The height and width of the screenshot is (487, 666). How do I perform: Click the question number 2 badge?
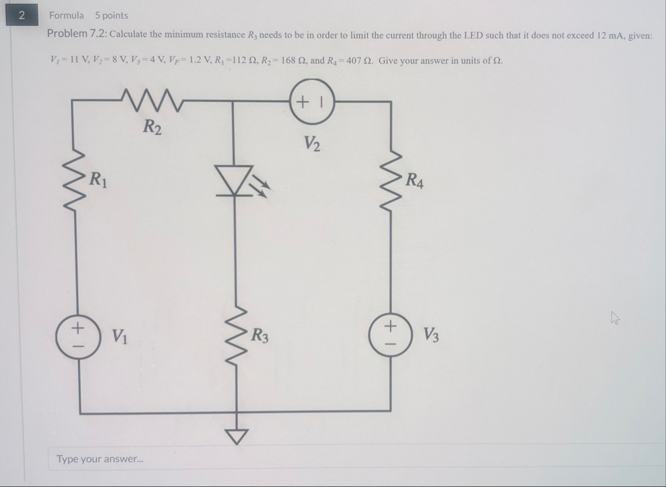(x=21, y=15)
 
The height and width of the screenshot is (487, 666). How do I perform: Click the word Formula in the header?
(x=66, y=16)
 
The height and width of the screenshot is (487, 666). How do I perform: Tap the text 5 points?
(x=111, y=16)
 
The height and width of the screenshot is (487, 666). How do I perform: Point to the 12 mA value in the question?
(x=610, y=35)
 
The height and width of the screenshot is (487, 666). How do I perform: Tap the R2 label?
(x=152, y=127)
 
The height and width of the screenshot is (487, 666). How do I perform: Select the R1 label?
(x=100, y=180)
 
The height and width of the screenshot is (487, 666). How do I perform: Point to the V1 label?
(x=118, y=336)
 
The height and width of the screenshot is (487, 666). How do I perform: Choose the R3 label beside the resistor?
(x=260, y=337)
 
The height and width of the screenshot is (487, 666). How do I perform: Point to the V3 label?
(x=431, y=336)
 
